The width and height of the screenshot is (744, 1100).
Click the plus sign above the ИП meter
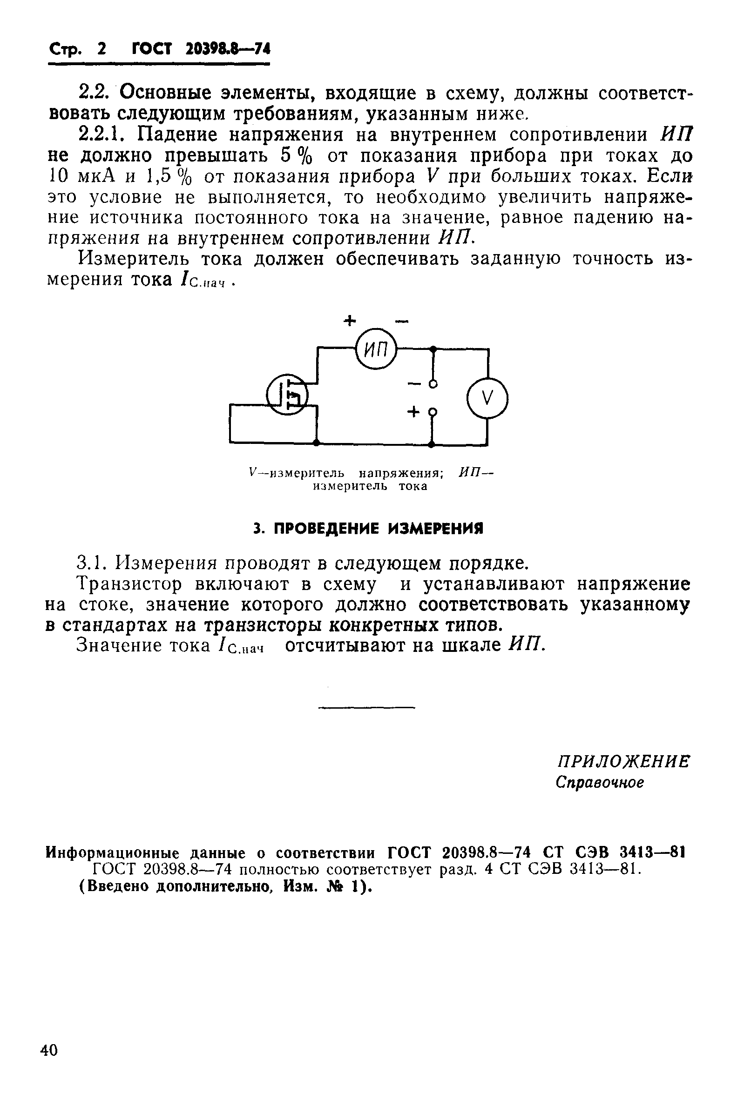click(349, 322)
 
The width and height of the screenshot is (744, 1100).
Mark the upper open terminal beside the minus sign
click(433, 383)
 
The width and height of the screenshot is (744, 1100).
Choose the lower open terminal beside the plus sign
click(432, 411)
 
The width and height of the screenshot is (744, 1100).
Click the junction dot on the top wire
click(433, 349)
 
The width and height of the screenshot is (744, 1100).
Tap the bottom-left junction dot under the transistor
click(316, 443)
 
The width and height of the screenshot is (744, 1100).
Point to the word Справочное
click(600, 782)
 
